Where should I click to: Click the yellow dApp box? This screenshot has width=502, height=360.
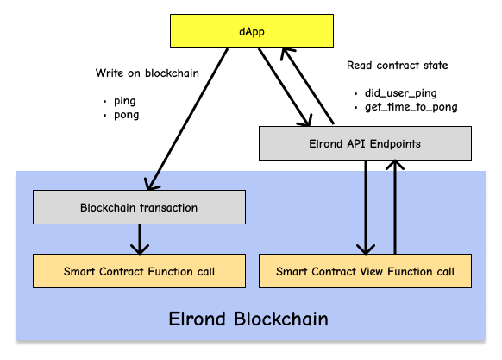coord(252,31)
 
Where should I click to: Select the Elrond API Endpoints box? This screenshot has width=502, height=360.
coord(365,143)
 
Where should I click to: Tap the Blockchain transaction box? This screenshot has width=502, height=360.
coord(139,207)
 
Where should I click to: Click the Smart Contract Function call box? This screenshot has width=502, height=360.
coord(139,271)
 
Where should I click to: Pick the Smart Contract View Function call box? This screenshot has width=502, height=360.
coord(365,271)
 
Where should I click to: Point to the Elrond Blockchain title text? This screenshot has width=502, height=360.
coord(248,319)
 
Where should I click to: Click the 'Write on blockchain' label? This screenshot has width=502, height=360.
coord(147,73)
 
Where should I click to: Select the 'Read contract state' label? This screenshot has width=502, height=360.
coord(398,66)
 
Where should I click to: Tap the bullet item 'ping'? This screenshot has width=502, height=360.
coord(125,101)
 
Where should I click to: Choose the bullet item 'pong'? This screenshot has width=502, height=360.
coord(127,115)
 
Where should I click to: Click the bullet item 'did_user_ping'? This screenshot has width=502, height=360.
coord(401,93)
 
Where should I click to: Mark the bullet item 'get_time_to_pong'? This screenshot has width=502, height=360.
coord(411,107)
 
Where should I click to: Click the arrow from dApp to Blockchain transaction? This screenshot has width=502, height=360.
coord(187,119)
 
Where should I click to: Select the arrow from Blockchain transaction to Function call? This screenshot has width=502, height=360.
coord(140,239)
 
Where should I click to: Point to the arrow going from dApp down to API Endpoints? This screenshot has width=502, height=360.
coord(285,87)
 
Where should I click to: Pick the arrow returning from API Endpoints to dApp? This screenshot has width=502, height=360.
coord(308,85)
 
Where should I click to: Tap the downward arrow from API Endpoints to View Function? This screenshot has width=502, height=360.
coord(366,207)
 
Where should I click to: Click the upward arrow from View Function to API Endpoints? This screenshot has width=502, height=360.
coord(395,207)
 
